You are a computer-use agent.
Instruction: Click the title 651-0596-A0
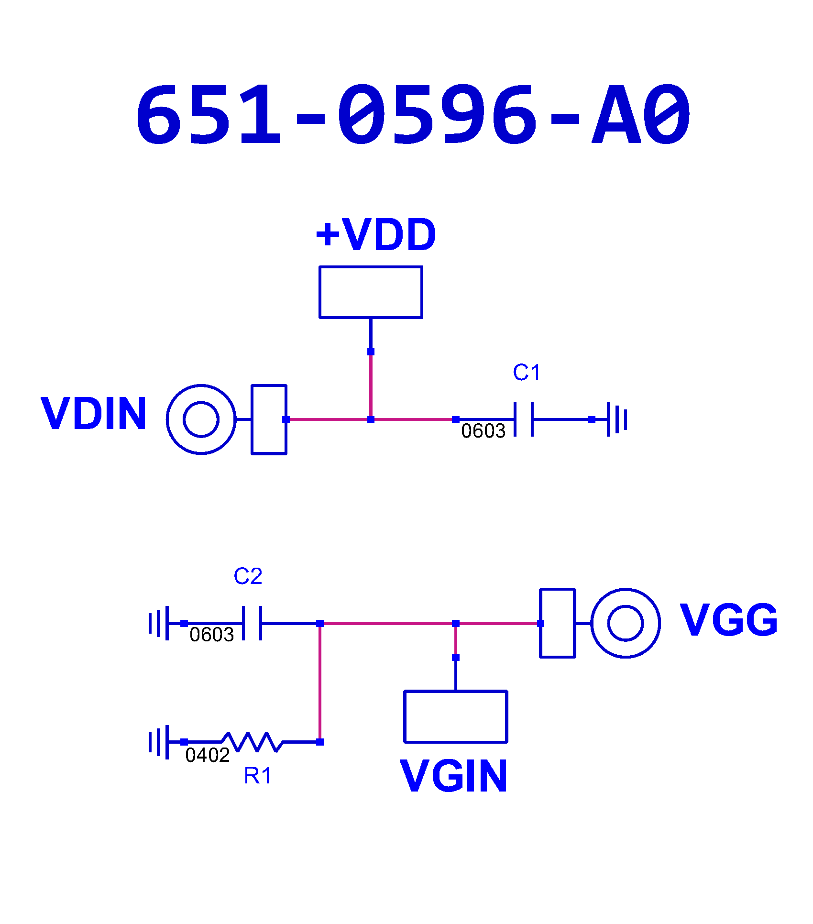pos(413,115)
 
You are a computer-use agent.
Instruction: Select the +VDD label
pos(376,235)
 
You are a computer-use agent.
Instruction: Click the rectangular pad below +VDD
pos(371,292)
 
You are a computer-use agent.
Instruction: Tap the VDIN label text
pos(94,414)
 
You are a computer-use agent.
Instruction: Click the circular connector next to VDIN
pos(201,419)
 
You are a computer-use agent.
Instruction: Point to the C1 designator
pos(527,373)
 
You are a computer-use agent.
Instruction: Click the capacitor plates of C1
pos(524,419)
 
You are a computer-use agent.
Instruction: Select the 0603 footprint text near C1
pos(483,431)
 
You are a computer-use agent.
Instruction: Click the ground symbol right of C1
pos(617,419)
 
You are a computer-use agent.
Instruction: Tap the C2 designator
pos(248,576)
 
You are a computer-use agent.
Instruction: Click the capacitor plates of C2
pos(252,623)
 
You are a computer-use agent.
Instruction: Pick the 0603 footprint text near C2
pos(211,635)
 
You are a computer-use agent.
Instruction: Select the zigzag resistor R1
pos(253,742)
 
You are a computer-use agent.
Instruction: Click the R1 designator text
pos(257,776)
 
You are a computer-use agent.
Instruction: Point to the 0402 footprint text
pos(208,755)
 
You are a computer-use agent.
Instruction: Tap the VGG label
pos(728,620)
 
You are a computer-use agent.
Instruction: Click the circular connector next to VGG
pos(626,623)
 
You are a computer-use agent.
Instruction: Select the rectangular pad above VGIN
pos(455,716)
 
